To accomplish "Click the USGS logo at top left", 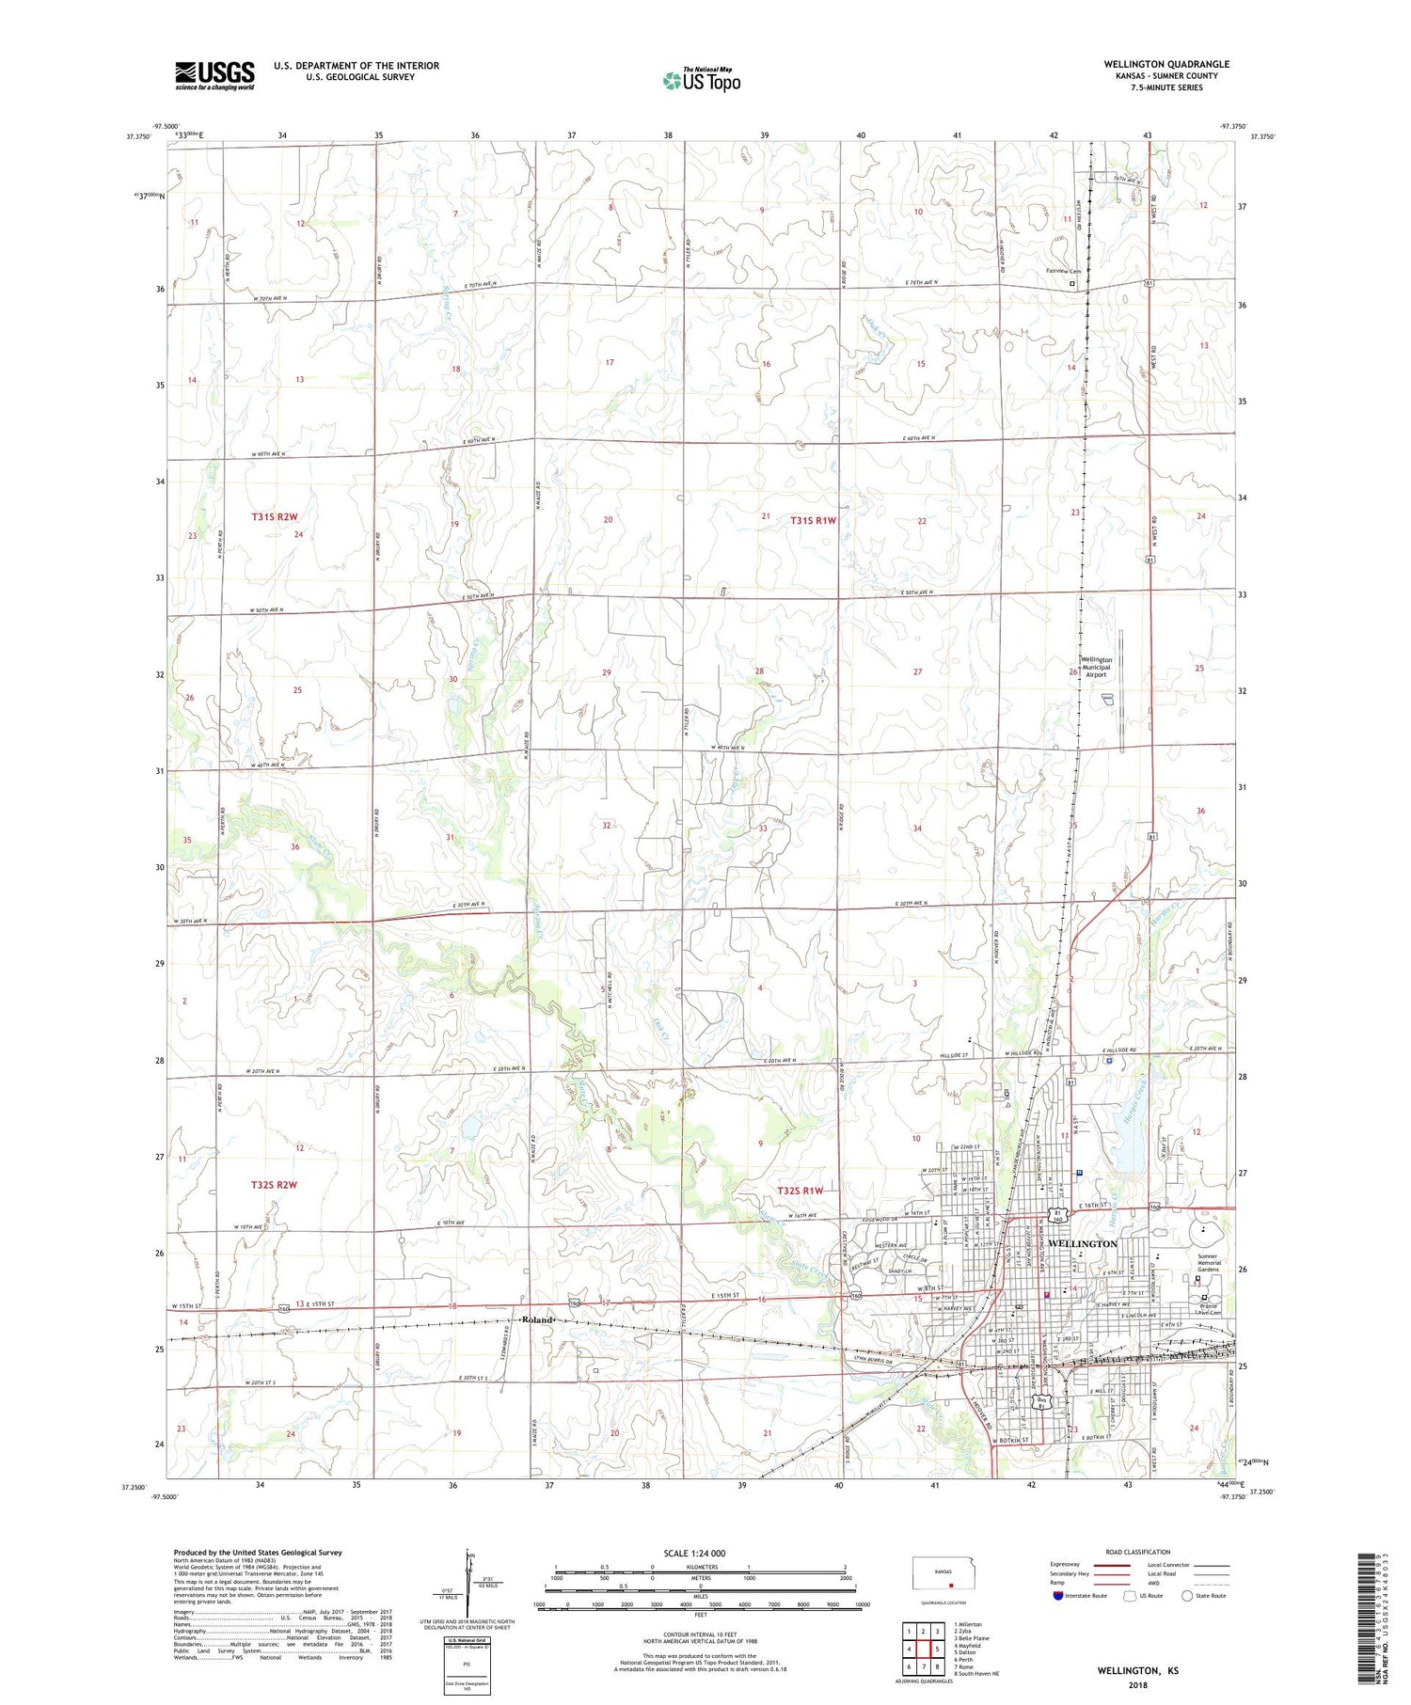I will point(214,75).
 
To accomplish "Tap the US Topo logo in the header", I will point(701,81).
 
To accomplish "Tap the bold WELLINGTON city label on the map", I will point(1082,1243).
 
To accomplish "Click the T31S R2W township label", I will point(274,517).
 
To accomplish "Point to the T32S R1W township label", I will point(800,1191).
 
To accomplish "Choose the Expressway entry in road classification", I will point(1069,1565).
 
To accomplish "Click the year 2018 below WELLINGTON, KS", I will point(1137,1684).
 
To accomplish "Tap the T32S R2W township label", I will point(274,1185).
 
